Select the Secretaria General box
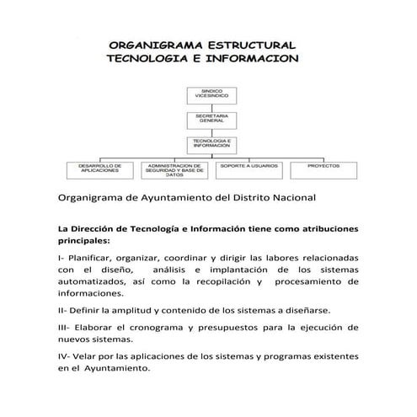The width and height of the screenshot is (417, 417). [x=209, y=118]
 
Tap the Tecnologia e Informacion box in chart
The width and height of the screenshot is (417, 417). [x=209, y=143]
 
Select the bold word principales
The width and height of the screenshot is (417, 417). [x=84, y=240]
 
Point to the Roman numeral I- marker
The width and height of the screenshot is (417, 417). [x=61, y=256]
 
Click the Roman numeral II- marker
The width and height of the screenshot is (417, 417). [x=62, y=310]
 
